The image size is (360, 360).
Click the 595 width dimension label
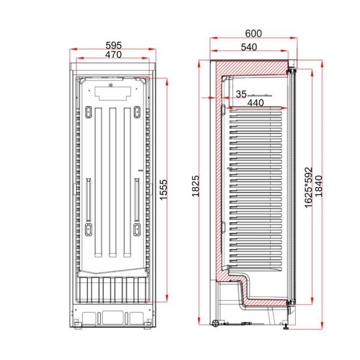coord(113,45)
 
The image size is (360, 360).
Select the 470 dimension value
coord(113,55)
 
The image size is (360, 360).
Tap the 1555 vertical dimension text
coord(163,190)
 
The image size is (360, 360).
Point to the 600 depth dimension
coord(253,34)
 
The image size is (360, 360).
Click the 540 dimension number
coord(249,47)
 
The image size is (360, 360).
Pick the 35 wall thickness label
coord(241,94)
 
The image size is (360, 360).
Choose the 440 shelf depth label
coord(256,103)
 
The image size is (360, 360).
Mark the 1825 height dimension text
coord(196,186)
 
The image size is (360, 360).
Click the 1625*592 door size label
coord(309,188)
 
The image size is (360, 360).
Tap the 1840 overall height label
coord(319,186)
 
